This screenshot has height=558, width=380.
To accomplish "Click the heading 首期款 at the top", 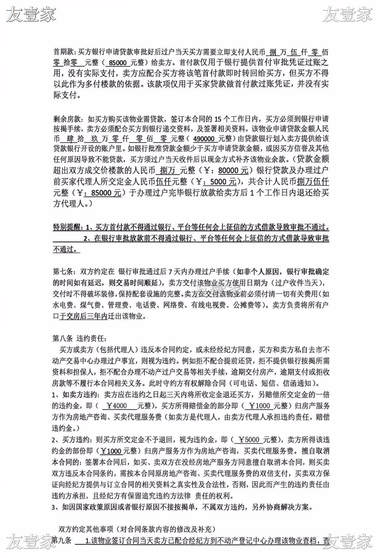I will click(63, 52).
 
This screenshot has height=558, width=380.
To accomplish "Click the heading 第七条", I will click(63, 272).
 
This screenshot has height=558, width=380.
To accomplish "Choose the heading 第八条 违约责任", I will click(79, 338).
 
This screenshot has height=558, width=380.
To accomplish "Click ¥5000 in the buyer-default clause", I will click(249, 439).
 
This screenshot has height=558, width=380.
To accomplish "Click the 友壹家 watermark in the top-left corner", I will click(31, 15).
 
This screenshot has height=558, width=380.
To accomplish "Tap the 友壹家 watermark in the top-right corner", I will click(348, 15).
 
